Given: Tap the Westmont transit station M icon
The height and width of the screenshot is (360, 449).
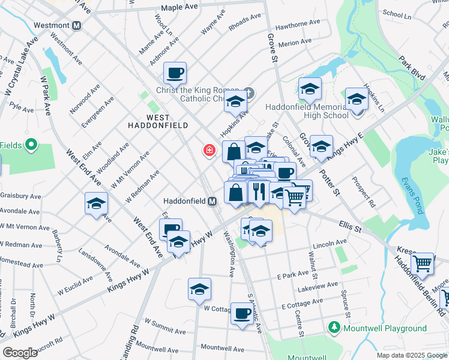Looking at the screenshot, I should [x=76, y=26].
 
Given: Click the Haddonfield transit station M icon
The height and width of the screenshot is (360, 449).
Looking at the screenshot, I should [x=212, y=202].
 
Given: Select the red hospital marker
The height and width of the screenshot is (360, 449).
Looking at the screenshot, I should [x=209, y=150].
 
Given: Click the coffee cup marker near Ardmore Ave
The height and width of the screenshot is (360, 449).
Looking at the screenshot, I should [x=175, y=73].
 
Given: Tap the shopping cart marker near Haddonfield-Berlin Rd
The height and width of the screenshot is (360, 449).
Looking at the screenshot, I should [x=423, y=263].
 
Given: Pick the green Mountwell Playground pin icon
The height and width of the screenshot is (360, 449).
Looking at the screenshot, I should [x=334, y=328].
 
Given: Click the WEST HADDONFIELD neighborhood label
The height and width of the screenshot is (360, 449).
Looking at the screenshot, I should [x=158, y=121].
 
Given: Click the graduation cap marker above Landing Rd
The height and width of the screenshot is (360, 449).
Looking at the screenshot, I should [x=199, y=289].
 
